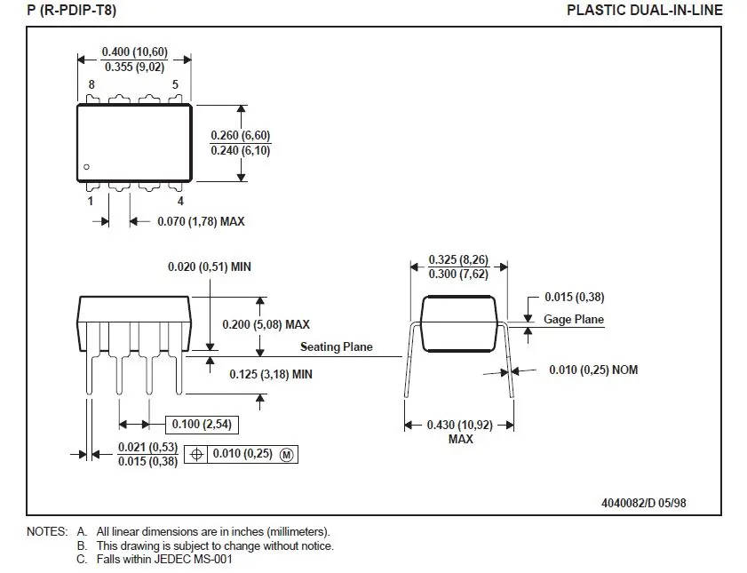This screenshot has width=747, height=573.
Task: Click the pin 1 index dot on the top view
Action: pyautogui.click(x=87, y=167)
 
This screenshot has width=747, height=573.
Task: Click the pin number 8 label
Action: pyautogui.click(x=91, y=85)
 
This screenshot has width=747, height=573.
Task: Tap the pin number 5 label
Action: pyautogui.click(x=175, y=85)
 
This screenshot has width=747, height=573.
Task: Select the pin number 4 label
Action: pyautogui.click(x=181, y=201)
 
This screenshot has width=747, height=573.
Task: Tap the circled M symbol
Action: pyautogui.click(x=286, y=454)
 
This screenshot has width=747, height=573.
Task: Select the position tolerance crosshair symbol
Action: pyautogui.click(x=197, y=454)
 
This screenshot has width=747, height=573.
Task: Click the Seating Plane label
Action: pyautogui.click(x=336, y=347)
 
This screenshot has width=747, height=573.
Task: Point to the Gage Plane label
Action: pyautogui.click(x=573, y=320)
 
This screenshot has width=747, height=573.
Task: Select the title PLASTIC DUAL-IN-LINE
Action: pyautogui.click(x=645, y=11)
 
